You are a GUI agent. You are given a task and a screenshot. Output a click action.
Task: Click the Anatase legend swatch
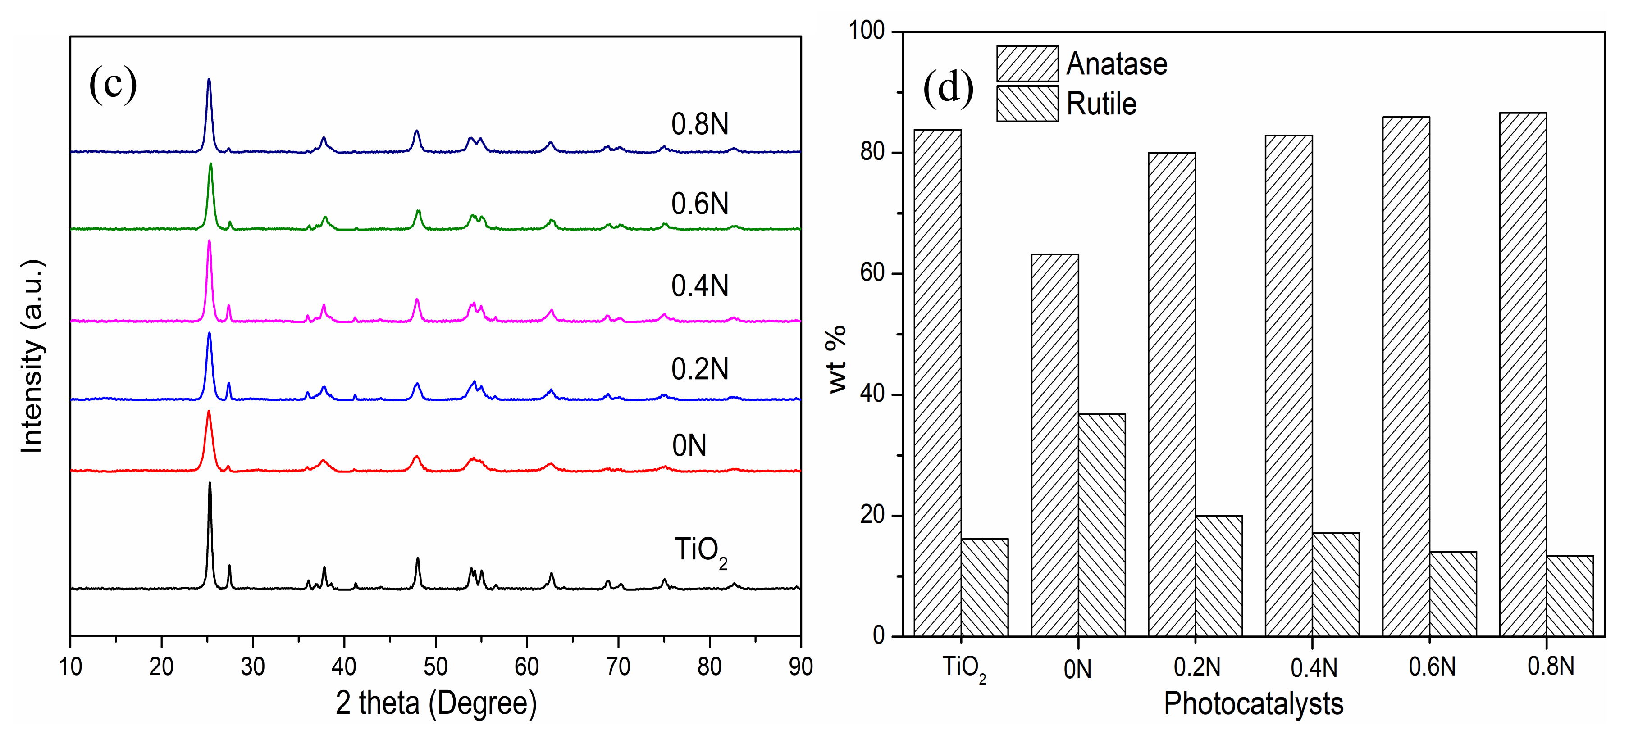pyautogui.click(x=1027, y=63)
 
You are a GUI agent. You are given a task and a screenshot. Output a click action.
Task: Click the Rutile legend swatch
pyautogui.click(x=1027, y=104)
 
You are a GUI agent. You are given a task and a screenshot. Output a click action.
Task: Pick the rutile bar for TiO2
pyautogui.click(x=985, y=587)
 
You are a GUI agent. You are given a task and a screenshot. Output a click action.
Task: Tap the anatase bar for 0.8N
pyautogui.click(x=1523, y=374)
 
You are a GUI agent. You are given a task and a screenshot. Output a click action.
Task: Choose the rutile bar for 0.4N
pyautogui.click(x=1336, y=584)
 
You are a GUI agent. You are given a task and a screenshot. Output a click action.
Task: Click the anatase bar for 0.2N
pyautogui.click(x=1171, y=394)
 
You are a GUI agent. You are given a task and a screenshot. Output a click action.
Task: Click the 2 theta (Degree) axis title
pyautogui.click(x=436, y=703)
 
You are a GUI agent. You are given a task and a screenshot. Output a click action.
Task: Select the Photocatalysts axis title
pyautogui.click(x=1253, y=703)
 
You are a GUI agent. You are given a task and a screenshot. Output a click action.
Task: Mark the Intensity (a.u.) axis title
pyautogui.click(x=32, y=355)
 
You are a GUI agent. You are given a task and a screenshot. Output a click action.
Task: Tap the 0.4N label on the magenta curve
pyautogui.click(x=699, y=286)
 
